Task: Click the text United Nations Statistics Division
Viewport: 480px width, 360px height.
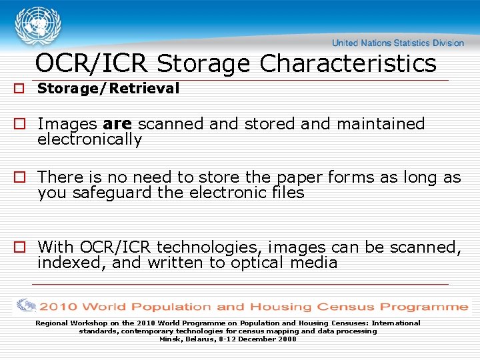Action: pyautogui.click(x=397, y=43)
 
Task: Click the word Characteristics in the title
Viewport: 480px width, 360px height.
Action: pyautogui.click(x=348, y=64)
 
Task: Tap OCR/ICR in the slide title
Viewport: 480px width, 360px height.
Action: pyautogui.click(x=92, y=64)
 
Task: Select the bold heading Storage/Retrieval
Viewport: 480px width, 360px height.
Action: pyautogui.click(x=108, y=89)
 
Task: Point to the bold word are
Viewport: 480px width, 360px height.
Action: pyautogui.click(x=119, y=124)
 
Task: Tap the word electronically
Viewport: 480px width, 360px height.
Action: pyautogui.click(x=90, y=140)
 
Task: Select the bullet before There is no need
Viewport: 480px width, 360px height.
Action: pyautogui.click(x=20, y=178)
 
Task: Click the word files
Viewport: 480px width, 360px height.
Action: pyautogui.click(x=288, y=193)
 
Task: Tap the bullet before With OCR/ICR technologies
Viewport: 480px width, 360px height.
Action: pyautogui.click(x=20, y=248)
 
